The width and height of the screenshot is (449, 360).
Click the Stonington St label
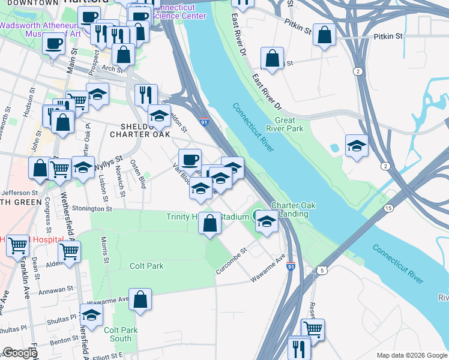(x=92, y=209)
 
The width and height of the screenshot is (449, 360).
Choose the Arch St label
(x=111, y=68)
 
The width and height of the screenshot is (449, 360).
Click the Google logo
(x=20, y=353)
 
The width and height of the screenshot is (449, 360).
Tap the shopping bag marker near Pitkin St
(x=324, y=35)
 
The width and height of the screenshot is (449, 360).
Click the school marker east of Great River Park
(x=357, y=145)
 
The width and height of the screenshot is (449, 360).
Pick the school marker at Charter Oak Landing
(x=266, y=222)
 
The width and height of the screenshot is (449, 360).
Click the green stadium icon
(x=258, y=215)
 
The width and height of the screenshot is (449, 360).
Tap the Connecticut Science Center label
(x=174, y=11)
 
